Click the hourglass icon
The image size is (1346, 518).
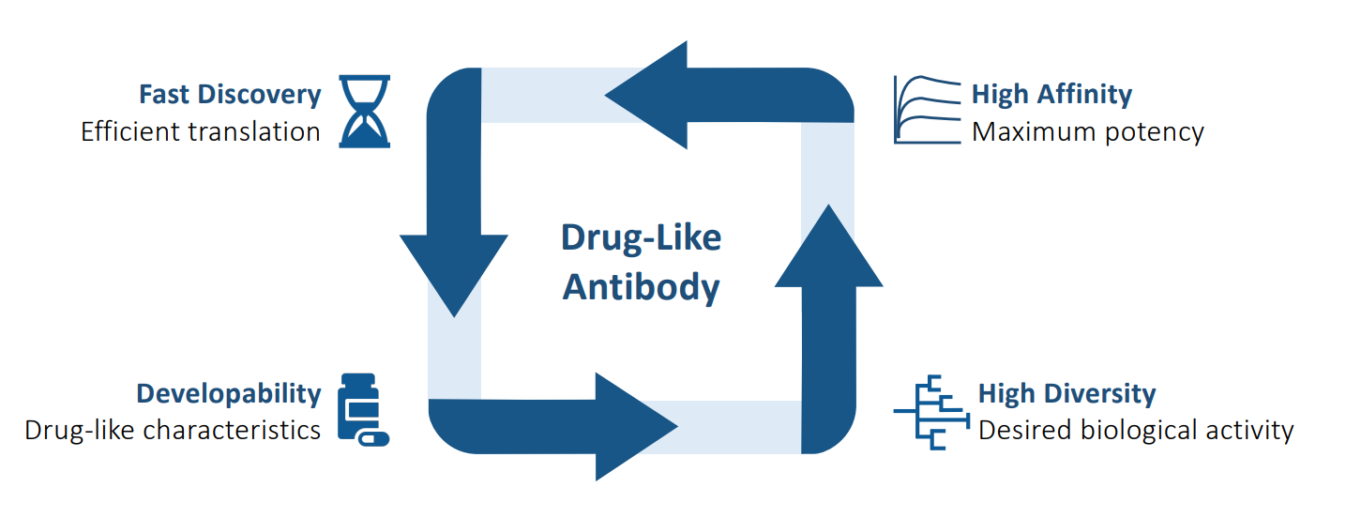(365, 112)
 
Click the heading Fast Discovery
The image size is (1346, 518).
(230, 95)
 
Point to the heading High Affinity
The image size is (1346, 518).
(1051, 95)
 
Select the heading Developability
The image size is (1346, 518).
(229, 393)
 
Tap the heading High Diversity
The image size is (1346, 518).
(1066, 393)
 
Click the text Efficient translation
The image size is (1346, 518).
(201, 131)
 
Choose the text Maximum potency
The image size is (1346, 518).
(1087, 131)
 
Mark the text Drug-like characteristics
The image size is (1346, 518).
(173, 430)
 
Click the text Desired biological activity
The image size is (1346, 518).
(1135, 430)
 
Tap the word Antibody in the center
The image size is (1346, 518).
(641, 287)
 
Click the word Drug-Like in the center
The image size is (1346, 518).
(641, 238)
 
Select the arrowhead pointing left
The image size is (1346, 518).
(647, 95)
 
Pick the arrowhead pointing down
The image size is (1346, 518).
(454, 272)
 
